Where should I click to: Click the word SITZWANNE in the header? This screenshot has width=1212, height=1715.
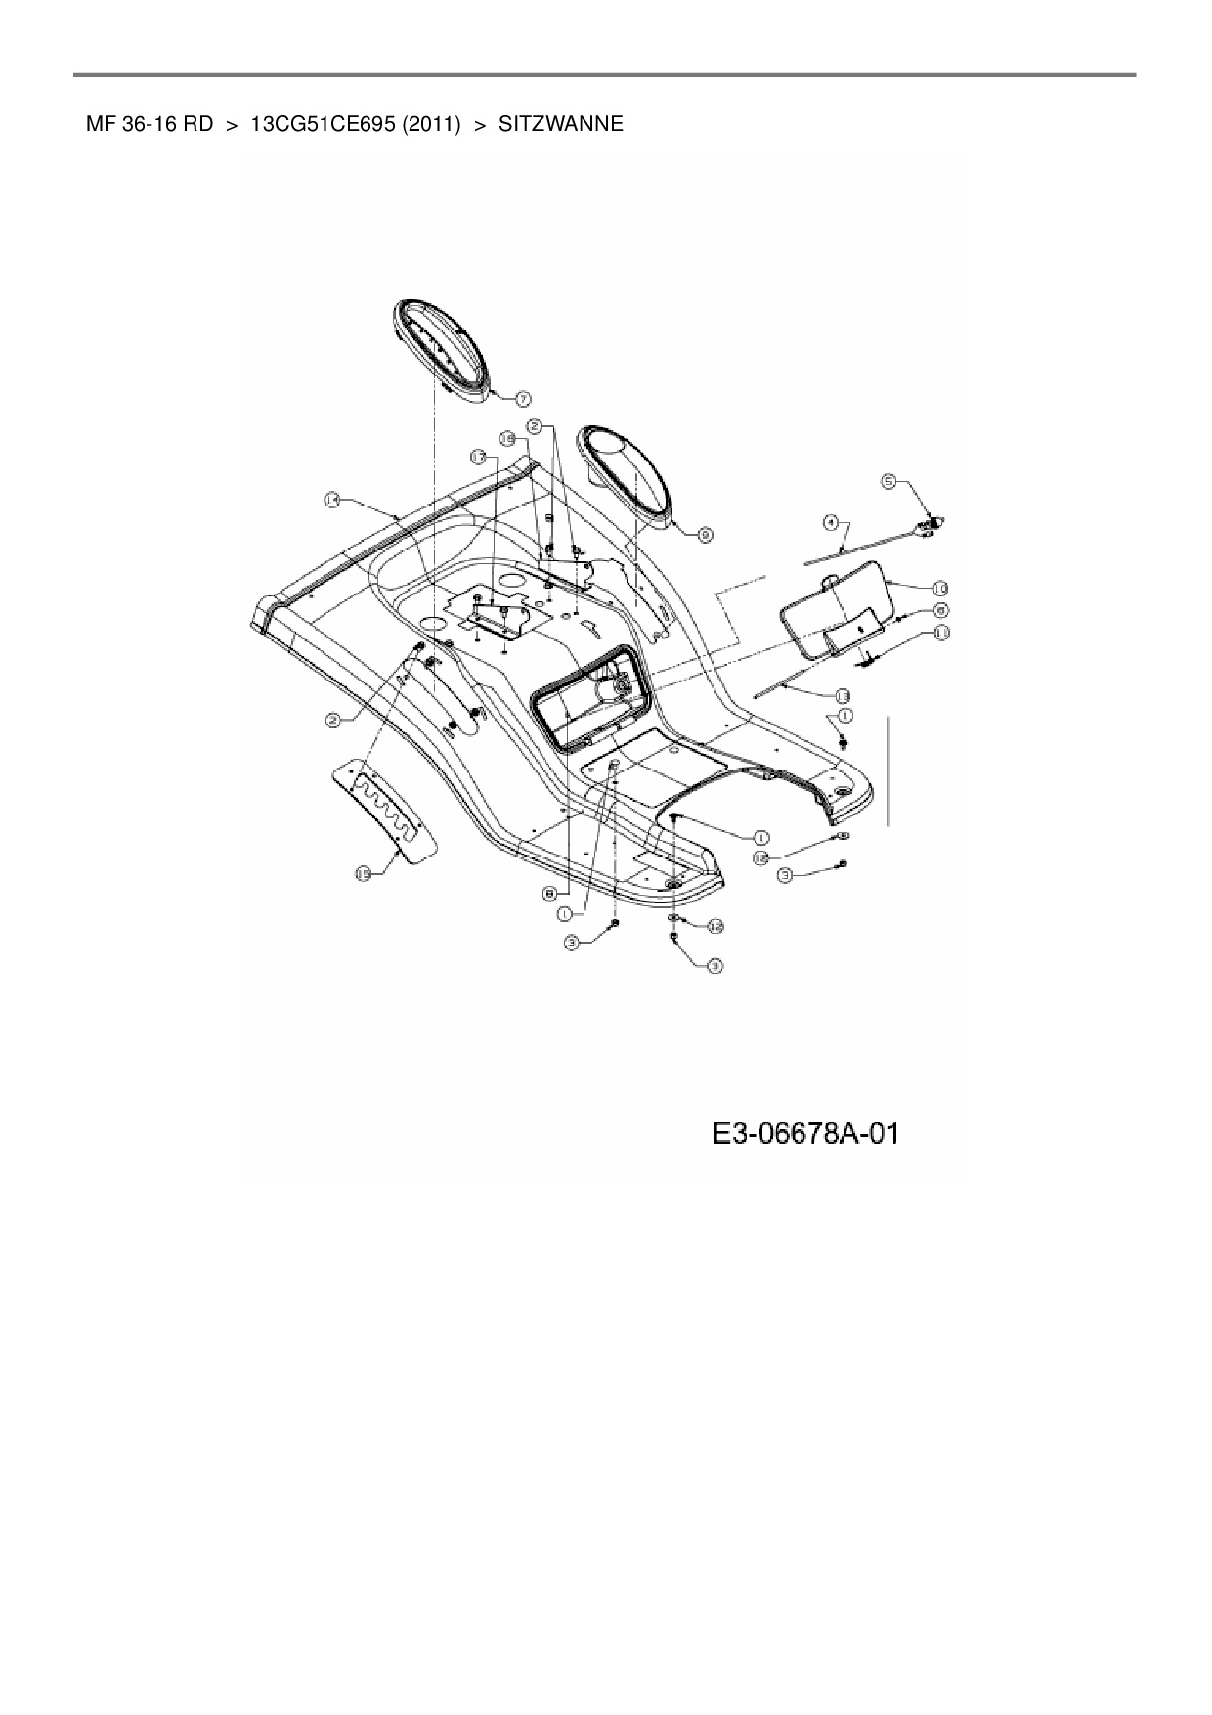coord(560,124)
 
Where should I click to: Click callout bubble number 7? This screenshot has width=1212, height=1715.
coord(523,398)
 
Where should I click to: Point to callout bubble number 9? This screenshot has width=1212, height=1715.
coord(706,534)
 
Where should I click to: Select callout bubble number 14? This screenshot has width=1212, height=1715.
coord(332,500)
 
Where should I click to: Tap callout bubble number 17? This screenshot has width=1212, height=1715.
coord(478,457)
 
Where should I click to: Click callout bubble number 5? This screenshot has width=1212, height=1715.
coord(888,480)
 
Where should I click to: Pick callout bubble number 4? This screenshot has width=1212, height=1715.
coord(830,523)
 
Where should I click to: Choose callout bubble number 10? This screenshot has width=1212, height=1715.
coord(939,588)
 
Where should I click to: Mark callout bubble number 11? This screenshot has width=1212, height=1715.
coord(941,633)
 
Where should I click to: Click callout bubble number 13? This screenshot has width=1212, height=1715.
coord(842,695)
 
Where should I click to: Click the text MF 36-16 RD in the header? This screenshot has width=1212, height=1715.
coord(150,124)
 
